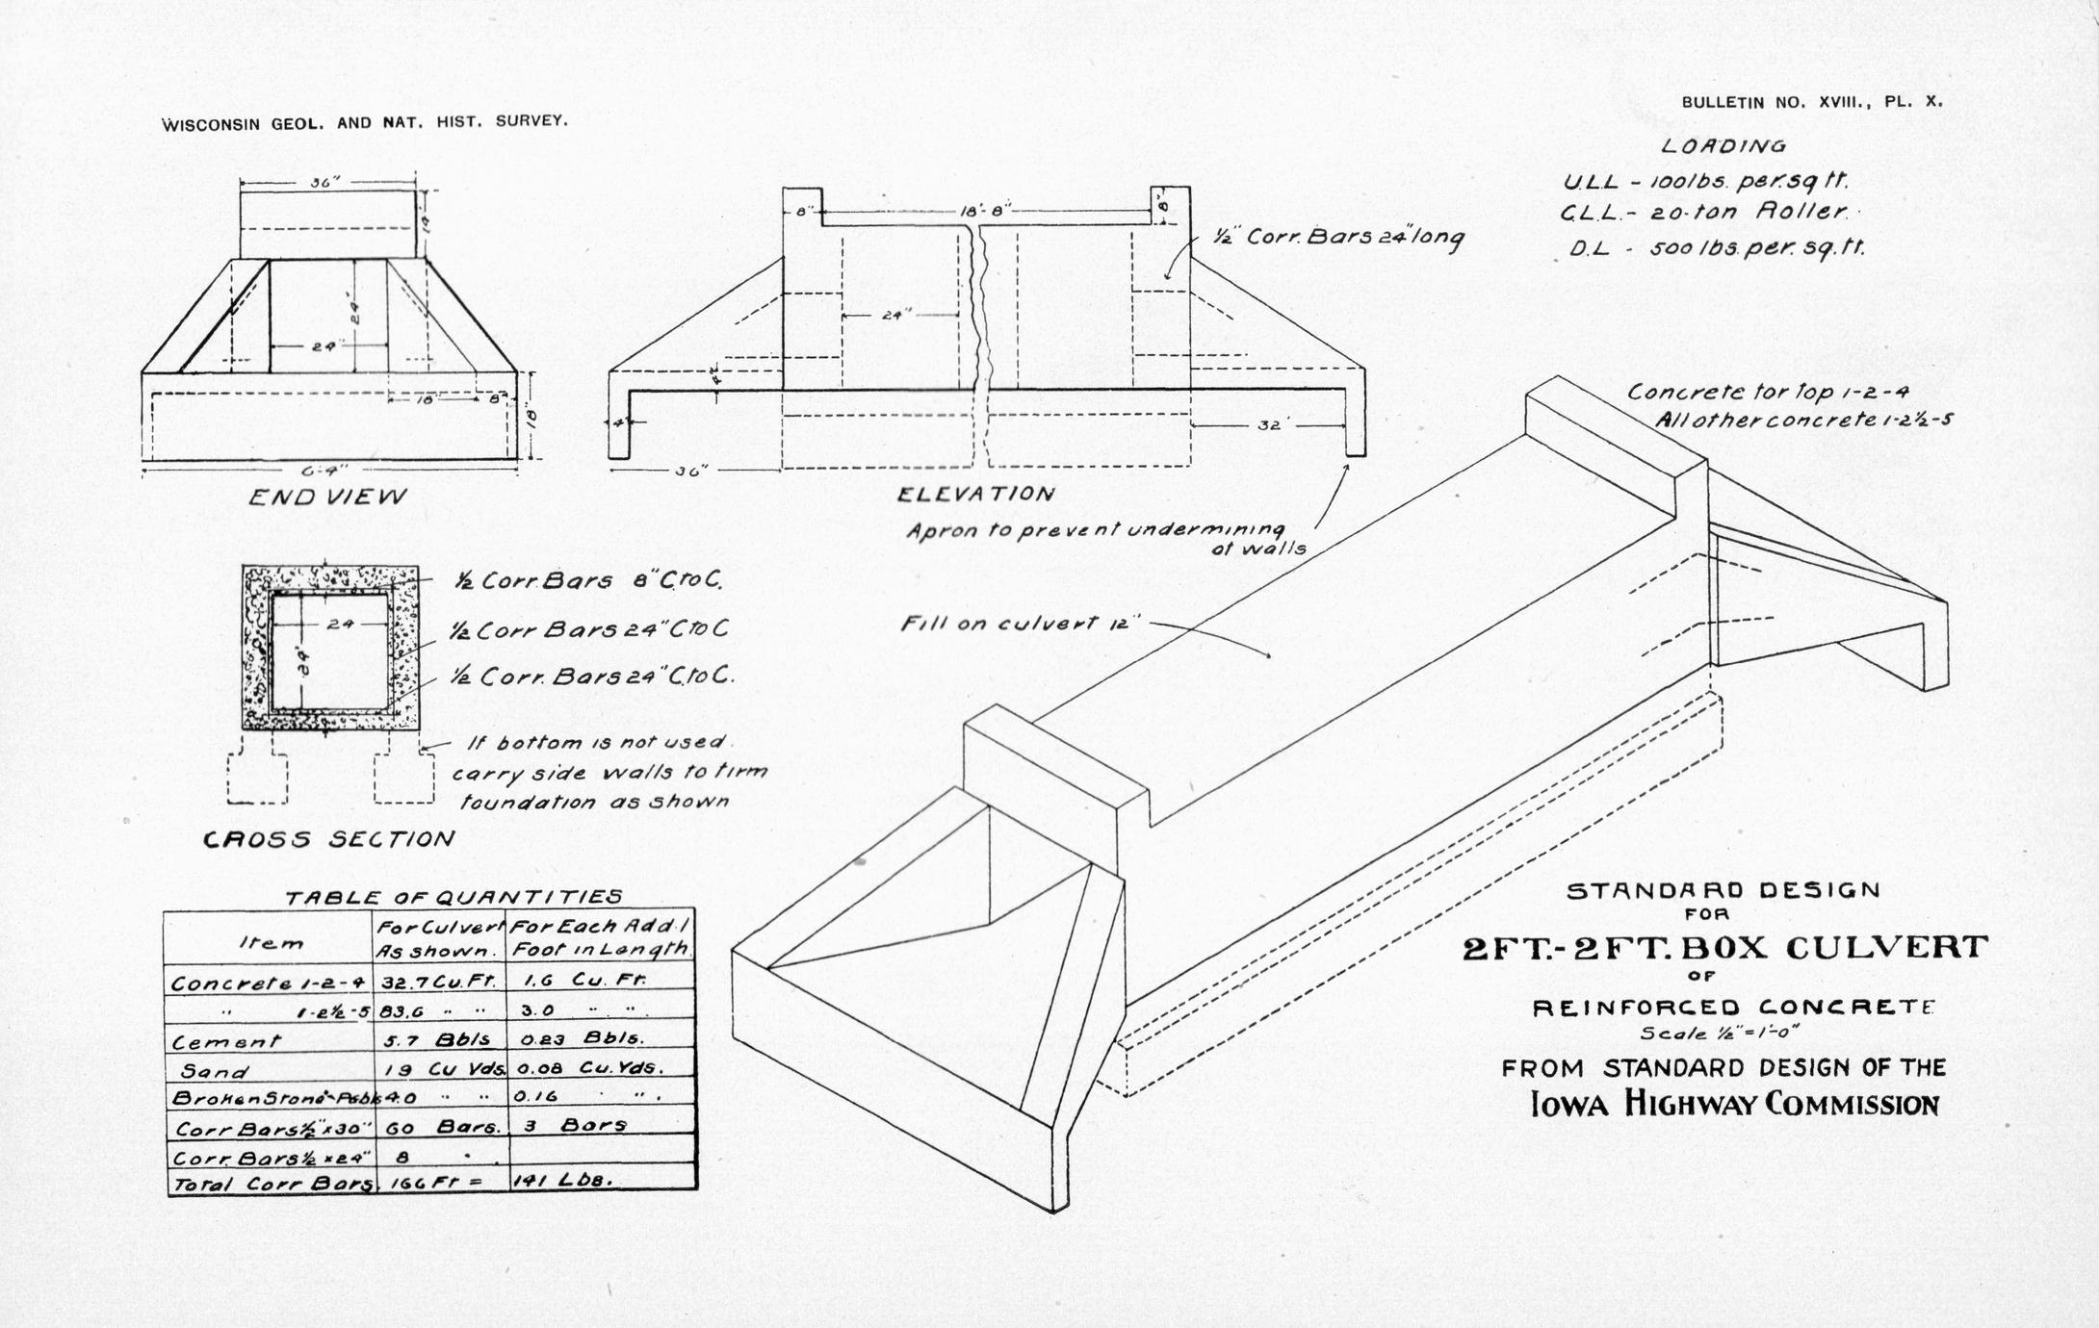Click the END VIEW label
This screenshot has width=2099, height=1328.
(327, 497)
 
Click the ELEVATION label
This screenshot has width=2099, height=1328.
(975, 495)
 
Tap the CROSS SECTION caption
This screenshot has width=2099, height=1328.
(327, 839)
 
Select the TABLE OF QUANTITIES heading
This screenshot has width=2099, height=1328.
(453, 897)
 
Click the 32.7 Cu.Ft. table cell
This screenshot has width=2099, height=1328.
(438, 983)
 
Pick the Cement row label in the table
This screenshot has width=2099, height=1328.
(226, 1041)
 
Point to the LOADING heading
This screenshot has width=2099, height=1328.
(1723, 146)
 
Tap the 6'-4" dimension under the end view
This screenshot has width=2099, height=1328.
(324, 470)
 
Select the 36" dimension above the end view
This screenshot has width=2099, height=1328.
(325, 182)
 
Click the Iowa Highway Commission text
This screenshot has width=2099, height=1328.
(1734, 1104)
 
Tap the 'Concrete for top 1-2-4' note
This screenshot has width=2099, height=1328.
(1768, 393)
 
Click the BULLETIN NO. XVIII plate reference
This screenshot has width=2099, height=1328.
(1811, 102)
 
